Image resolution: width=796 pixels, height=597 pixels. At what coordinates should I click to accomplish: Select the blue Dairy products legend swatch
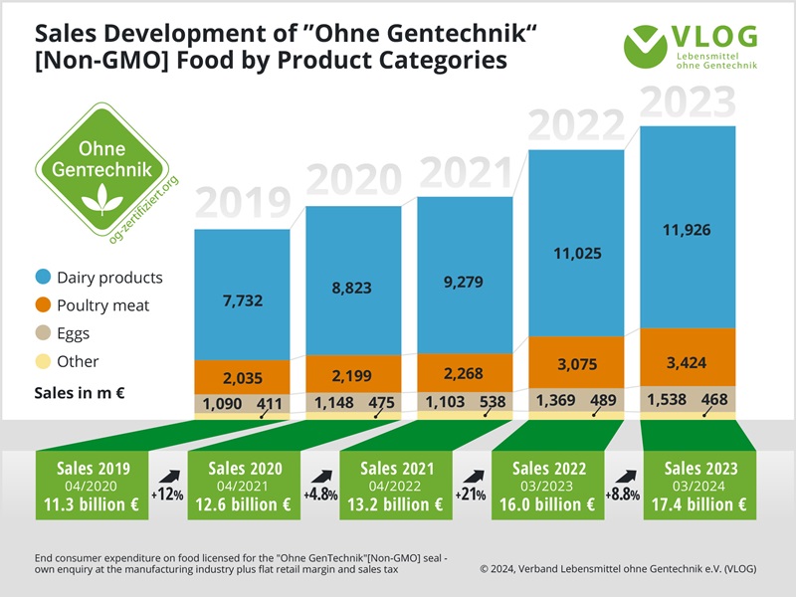(43, 278)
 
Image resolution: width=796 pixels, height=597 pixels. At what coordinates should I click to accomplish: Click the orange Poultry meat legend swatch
(43, 305)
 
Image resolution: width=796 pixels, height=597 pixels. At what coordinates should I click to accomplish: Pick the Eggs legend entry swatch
(43, 333)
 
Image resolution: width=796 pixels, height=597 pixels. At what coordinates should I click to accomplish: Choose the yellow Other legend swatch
(43, 361)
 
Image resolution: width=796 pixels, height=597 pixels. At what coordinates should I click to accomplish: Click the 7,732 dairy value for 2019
(242, 299)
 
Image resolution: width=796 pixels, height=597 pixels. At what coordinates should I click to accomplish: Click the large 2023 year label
(688, 103)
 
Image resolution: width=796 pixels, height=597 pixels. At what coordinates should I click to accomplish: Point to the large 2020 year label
(353, 182)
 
